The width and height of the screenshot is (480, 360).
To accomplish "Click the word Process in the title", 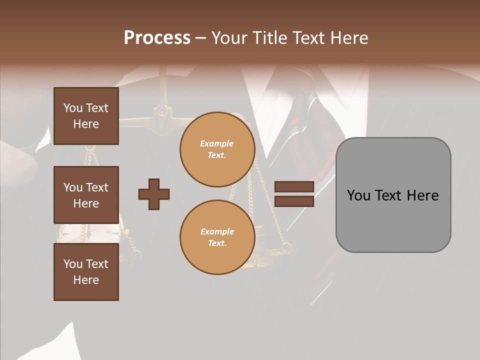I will click(x=157, y=38).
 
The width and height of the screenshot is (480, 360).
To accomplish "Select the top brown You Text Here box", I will click(x=86, y=116).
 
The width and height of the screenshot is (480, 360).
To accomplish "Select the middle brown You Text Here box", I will click(x=86, y=195).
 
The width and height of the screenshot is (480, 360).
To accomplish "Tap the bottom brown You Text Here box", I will click(x=86, y=272).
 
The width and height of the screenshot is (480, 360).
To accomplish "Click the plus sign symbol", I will click(x=154, y=194).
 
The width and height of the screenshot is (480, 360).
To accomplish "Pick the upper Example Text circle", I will click(x=217, y=149).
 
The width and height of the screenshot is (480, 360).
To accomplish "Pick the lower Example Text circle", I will click(x=217, y=237).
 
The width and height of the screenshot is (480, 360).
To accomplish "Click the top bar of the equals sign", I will click(x=294, y=187).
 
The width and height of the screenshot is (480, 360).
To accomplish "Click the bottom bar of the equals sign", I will click(x=294, y=201).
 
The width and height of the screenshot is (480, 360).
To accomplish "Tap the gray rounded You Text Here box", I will click(x=393, y=195).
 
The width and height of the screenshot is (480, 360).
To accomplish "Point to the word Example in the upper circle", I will click(x=217, y=143).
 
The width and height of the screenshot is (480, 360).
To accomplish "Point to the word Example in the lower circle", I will click(x=217, y=231).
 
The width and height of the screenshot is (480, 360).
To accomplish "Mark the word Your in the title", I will click(x=229, y=38).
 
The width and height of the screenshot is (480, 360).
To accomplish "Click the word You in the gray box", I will click(x=358, y=195).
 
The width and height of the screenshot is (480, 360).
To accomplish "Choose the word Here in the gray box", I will click(x=423, y=195).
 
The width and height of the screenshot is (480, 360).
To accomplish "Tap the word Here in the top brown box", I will click(x=86, y=124).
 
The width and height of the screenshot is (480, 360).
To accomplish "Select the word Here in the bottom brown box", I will click(x=86, y=280).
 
